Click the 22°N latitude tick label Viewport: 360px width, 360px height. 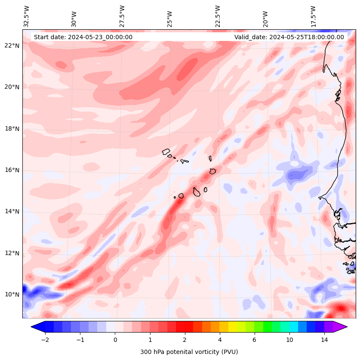click(x=12, y=46)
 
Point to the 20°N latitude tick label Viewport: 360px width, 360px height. click(x=12, y=87)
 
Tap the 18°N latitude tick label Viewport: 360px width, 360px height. click(x=12, y=129)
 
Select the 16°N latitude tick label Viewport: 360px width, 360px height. click(x=12, y=170)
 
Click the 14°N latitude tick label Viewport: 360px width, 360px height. click(x=12, y=211)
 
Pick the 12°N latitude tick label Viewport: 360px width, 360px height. click(x=12, y=253)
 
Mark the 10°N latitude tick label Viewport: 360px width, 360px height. click(x=12, y=295)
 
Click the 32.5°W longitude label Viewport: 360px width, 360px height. click(x=27, y=16)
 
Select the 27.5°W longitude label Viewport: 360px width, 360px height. click(x=122, y=16)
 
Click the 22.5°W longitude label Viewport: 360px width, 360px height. click(x=218, y=16)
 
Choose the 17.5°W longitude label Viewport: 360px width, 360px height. click(x=314, y=16)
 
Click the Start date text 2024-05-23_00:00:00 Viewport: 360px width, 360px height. click(x=83, y=37)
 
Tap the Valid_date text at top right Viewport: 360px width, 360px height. click(x=289, y=37)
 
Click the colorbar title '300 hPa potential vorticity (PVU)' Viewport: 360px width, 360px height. click(x=189, y=352)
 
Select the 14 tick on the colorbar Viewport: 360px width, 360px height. click(x=324, y=340)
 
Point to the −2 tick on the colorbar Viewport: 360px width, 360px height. click(x=45, y=340)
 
